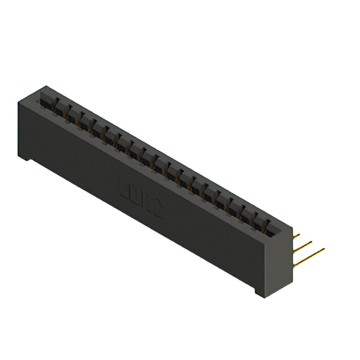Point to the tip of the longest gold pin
click(x=324, y=249)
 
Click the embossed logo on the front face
click(x=141, y=199)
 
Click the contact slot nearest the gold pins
click(x=273, y=226)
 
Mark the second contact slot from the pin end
click(x=260, y=219)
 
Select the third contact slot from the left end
click(x=71, y=112)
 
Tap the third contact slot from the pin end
click(x=248, y=213)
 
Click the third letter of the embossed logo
click(x=147, y=203)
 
